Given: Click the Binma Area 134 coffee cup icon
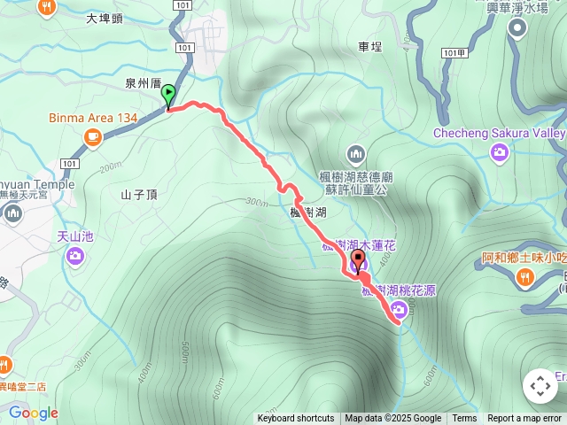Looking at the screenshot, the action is [x=92, y=136].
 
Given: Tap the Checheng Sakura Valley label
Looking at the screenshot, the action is [x=499, y=134].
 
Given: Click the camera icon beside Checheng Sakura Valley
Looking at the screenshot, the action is [x=500, y=153].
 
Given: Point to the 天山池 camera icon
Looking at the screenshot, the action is [x=74, y=256].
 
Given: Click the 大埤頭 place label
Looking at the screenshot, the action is [x=105, y=18].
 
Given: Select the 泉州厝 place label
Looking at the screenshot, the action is [x=142, y=82].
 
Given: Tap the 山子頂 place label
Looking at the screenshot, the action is [x=139, y=194].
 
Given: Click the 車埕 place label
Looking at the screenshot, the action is [x=370, y=46].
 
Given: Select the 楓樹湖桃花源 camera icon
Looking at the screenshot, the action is [x=398, y=308].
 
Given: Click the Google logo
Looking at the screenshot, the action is [x=33, y=413].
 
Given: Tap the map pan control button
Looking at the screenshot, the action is [x=540, y=386].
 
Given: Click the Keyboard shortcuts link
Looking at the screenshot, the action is [x=296, y=419].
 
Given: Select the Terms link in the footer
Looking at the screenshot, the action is [x=464, y=419].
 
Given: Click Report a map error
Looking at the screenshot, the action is [x=524, y=419].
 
